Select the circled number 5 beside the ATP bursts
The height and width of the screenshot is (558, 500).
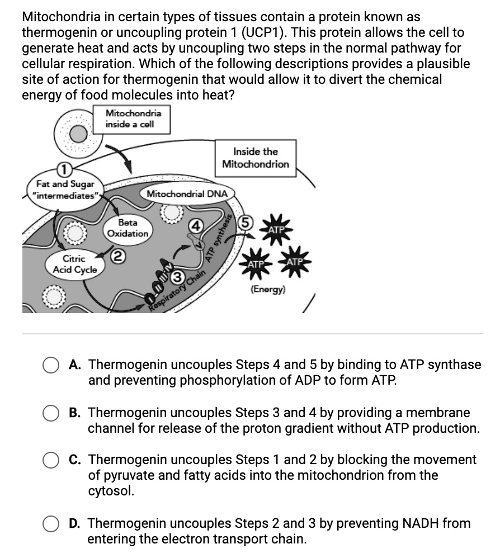pyautogui.click(x=244, y=221)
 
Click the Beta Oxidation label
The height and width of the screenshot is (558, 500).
pyautogui.click(x=128, y=228)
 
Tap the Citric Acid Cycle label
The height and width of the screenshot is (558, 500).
pyautogui.click(x=74, y=264)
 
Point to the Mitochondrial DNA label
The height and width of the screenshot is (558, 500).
pyautogui.click(x=187, y=194)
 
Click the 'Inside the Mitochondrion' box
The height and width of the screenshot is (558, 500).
pyautogui.click(x=256, y=158)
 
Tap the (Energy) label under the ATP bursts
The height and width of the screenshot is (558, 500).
pyautogui.click(x=268, y=290)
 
